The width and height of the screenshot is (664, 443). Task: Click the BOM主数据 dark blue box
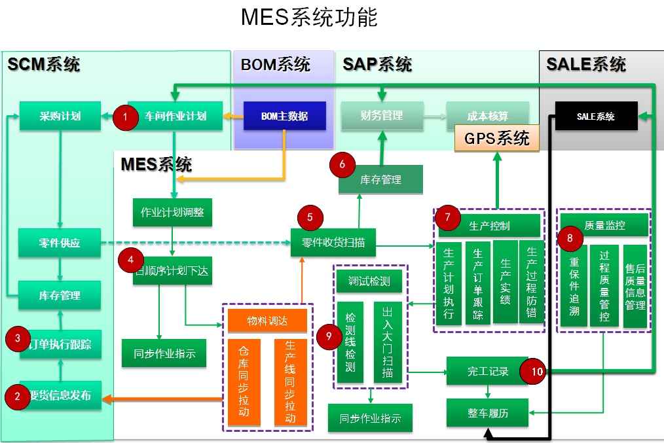click(x=284, y=116)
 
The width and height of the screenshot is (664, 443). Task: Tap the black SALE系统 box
click(x=596, y=116)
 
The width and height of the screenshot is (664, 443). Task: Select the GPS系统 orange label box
click(x=496, y=139)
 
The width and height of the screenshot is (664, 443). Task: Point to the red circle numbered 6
click(x=342, y=165)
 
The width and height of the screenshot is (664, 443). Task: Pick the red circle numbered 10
click(x=536, y=372)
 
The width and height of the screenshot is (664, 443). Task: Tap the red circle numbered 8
click(x=570, y=238)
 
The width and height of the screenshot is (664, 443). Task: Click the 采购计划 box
click(x=60, y=116)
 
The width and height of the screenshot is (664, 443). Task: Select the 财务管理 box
click(x=381, y=116)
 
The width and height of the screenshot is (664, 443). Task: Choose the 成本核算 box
click(x=487, y=116)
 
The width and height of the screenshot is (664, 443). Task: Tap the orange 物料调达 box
click(x=267, y=321)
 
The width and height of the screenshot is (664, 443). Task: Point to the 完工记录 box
click(x=487, y=371)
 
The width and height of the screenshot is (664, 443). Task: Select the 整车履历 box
click(x=487, y=413)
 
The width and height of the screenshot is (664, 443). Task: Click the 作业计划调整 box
click(x=172, y=212)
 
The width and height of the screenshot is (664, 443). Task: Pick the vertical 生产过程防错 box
click(x=531, y=283)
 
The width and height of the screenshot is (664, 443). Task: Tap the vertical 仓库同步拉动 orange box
click(x=244, y=382)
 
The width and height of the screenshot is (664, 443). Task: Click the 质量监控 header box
click(x=602, y=225)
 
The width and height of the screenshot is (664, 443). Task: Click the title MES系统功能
click(x=309, y=17)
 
